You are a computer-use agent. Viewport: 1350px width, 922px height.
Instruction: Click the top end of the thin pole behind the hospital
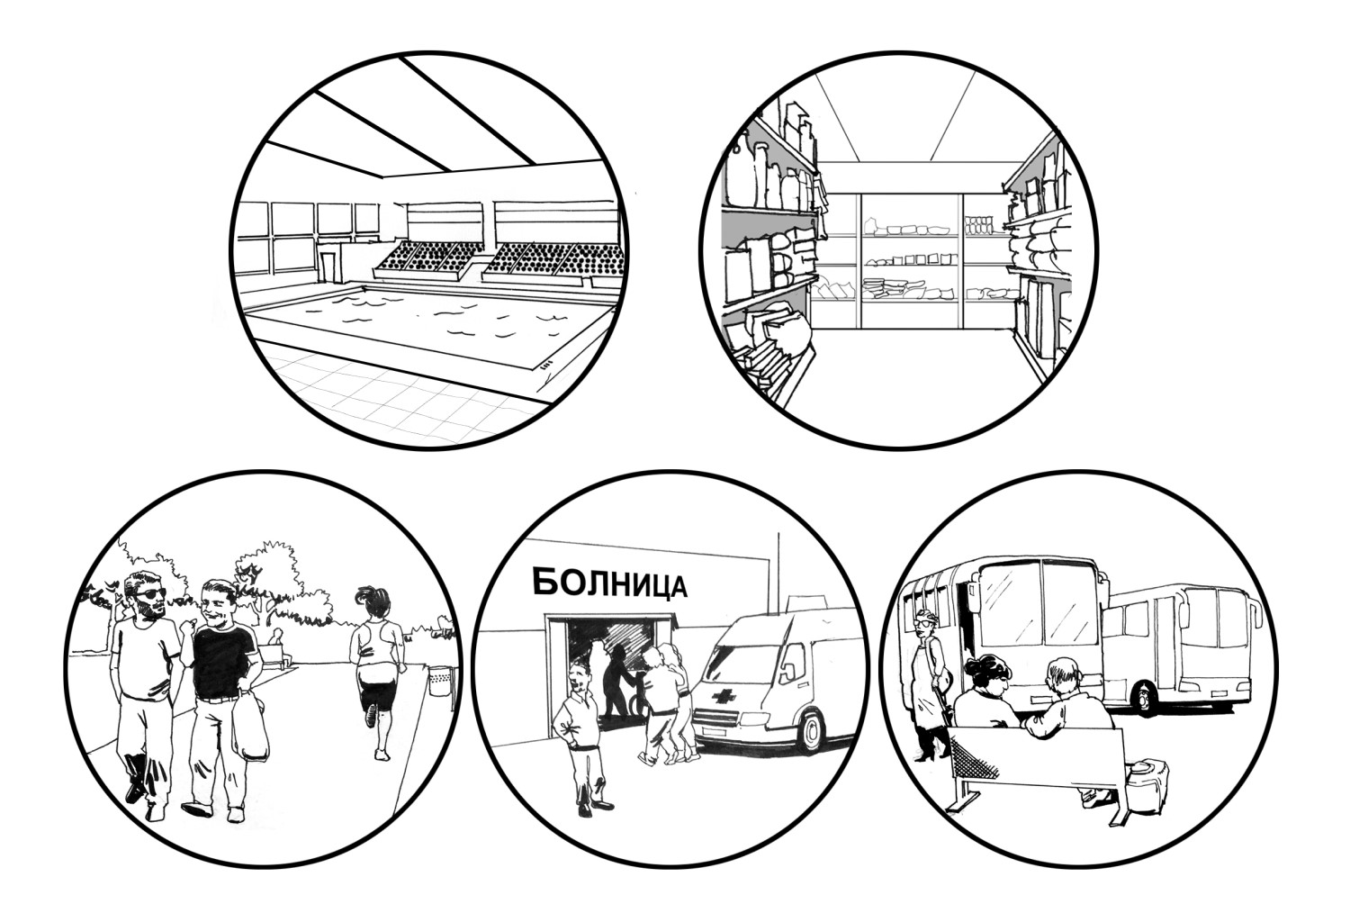click(x=778, y=533)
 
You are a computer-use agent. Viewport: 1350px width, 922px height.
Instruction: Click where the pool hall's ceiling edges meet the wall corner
click(x=384, y=177)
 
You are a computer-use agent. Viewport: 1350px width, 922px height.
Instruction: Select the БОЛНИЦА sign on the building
click(x=610, y=584)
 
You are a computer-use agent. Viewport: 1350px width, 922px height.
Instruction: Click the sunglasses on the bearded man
click(x=150, y=594)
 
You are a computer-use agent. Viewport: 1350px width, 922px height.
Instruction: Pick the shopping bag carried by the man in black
click(x=251, y=726)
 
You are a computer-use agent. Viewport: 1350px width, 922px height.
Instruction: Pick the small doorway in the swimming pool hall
click(x=328, y=267)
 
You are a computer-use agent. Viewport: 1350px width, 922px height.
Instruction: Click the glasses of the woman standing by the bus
click(x=924, y=619)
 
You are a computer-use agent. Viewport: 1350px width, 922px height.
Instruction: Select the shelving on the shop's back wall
click(x=910, y=260)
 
